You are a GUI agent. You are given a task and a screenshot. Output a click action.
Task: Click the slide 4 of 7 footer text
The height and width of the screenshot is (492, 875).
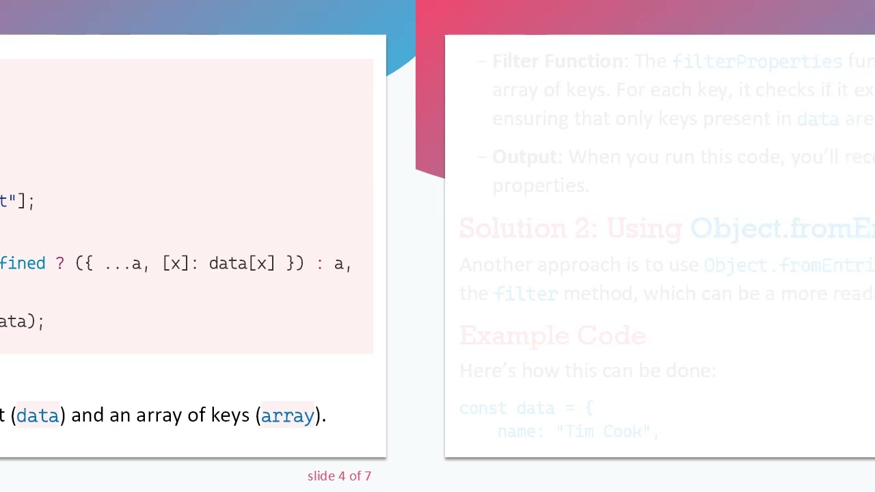pyautogui.click(x=339, y=476)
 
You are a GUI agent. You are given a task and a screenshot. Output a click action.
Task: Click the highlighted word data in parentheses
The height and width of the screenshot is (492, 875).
pyautogui.click(x=38, y=415)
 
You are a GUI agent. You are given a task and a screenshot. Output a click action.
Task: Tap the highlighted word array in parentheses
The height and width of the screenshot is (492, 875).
pyautogui.click(x=287, y=415)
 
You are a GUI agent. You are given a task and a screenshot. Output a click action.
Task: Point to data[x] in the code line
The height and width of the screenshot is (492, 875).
pyautogui.click(x=241, y=263)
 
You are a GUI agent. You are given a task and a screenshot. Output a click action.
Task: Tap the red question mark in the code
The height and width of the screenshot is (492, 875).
pyautogui.click(x=59, y=263)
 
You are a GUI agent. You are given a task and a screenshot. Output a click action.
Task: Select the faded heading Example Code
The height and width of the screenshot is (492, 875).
pyautogui.click(x=552, y=336)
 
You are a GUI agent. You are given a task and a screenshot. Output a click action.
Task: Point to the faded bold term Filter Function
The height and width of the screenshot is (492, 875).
pyautogui.click(x=557, y=61)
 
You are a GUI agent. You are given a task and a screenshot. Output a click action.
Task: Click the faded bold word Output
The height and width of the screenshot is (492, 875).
pyautogui.click(x=524, y=157)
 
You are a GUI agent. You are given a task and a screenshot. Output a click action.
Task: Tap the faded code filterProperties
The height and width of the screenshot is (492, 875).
pyautogui.click(x=757, y=61)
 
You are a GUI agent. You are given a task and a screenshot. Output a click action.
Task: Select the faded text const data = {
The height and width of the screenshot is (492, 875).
pyautogui.click(x=526, y=408)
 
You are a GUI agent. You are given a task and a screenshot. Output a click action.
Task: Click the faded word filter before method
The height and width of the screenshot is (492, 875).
pyautogui.click(x=526, y=294)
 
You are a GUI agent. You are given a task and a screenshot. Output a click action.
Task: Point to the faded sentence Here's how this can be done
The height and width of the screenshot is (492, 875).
pyautogui.click(x=587, y=370)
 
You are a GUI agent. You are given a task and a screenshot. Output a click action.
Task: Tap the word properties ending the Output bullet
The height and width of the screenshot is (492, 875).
pyautogui.click(x=540, y=186)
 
